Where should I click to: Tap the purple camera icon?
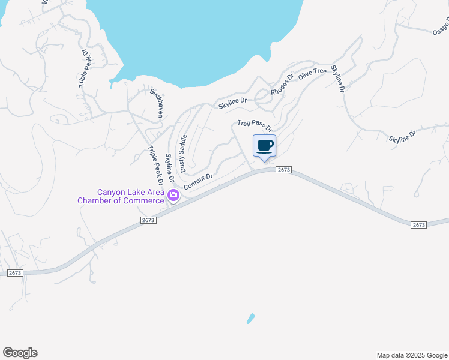(x=173, y=195)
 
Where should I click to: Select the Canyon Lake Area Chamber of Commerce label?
(x=121, y=196)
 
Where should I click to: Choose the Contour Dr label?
(x=199, y=181)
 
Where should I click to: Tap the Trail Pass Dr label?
(x=255, y=125)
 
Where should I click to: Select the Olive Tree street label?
(x=313, y=73)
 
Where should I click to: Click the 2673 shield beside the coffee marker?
(x=285, y=170)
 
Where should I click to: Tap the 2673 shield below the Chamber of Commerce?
(x=149, y=220)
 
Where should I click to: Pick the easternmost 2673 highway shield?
(x=419, y=224)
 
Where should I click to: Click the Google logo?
(x=20, y=353)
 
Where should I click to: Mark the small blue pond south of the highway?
(x=250, y=319)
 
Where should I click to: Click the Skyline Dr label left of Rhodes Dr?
(x=232, y=103)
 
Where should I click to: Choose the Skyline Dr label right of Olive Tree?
(x=338, y=79)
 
